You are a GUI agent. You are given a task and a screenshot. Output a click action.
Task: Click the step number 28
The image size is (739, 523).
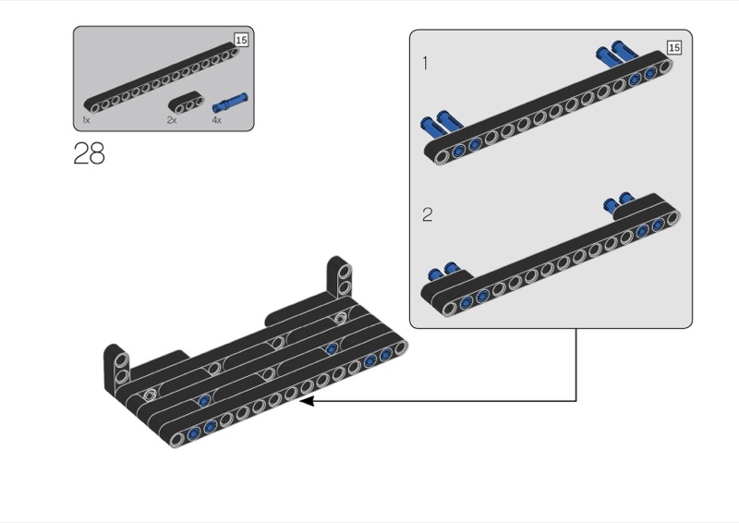pyautogui.click(x=89, y=153)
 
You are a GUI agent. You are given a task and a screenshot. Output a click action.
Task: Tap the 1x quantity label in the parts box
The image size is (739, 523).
pyautogui.click(x=86, y=120)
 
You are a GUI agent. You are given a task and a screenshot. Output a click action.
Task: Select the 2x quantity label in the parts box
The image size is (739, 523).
pyautogui.click(x=172, y=120)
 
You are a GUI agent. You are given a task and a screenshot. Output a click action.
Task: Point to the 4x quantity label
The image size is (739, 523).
pyautogui.click(x=217, y=120)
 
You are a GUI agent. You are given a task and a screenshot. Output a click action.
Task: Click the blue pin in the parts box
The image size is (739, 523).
pyautogui.click(x=230, y=103)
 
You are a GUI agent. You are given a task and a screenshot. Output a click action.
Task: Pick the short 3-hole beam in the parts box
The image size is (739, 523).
pyautogui.click(x=187, y=103)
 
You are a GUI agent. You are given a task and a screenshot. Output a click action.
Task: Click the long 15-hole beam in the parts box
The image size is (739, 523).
pyautogui.click(x=161, y=79)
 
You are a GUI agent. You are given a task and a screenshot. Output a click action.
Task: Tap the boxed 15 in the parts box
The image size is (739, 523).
pyautogui.click(x=241, y=40)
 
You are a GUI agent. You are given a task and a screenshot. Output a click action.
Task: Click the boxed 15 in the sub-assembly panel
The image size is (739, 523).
pyautogui.click(x=674, y=48)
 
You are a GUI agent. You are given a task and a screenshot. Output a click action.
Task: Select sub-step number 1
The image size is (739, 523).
pyautogui.click(x=426, y=63)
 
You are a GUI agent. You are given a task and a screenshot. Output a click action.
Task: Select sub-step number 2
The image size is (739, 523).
pyautogui.click(x=428, y=214)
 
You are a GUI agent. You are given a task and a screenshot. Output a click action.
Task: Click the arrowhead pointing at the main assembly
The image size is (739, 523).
pyautogui.click(x=307, y=401)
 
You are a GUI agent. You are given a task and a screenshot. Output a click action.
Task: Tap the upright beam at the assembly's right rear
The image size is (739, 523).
pyautogui.click(x=340, y=277)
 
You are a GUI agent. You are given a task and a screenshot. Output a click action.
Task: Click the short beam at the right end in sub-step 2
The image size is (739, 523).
pyautogui.click(x=647, y=206)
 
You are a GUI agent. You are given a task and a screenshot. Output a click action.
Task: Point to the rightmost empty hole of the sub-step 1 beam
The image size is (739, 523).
pyautogui.click(x=664, y=67)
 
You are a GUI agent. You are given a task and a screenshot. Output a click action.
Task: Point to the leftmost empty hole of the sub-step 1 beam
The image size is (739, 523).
pyautogui.click(x=442, y=156)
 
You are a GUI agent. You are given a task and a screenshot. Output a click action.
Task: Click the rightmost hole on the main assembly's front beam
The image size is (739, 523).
pyautogui.click(x=400, y=348)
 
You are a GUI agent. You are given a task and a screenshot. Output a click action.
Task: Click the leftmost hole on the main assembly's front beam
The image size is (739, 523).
pyautogui.click(x=176, y=440)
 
